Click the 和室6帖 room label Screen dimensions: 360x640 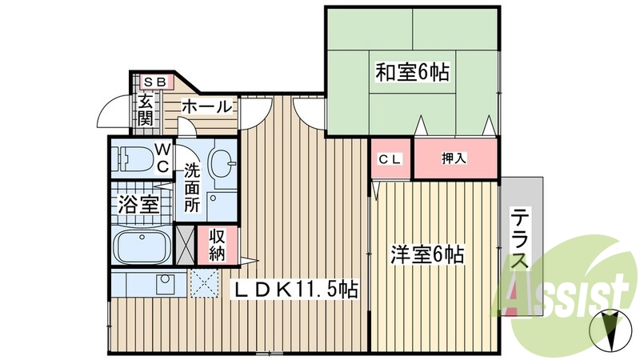click(x=412, y=73)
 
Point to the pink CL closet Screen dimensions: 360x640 click(x=390, y=158)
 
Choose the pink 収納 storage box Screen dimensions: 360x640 click(x=217, y=245)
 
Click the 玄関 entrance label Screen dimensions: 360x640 click(x=145, y=110)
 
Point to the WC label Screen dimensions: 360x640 click(x=162, y=157)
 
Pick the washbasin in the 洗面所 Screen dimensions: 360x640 click(x=220, y=164)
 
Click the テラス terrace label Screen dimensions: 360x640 click(x=521, y=240)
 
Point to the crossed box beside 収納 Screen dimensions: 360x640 click(x=185, y=246)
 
